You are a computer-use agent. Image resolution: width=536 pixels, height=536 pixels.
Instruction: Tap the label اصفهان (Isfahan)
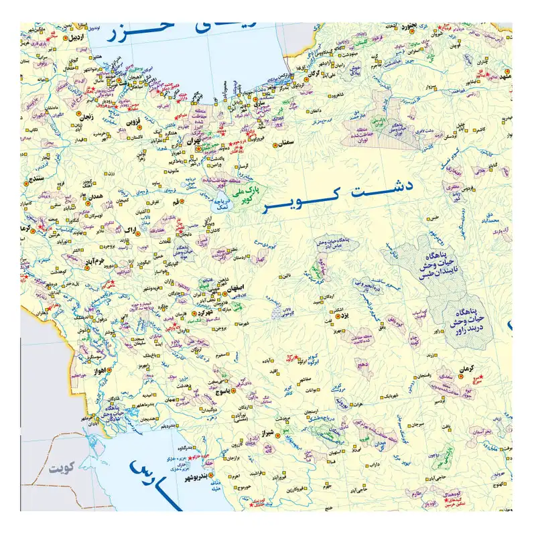[x=227, y=287]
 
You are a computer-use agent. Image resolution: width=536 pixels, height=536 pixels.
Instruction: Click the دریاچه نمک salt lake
[x=222, y=200]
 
